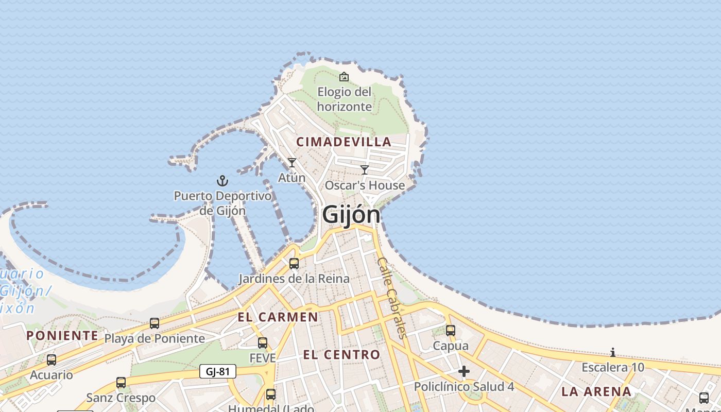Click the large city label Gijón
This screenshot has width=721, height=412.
point(351,215)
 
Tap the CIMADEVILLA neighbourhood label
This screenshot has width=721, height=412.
point(344,142)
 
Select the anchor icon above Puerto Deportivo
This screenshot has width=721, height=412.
point(222,181)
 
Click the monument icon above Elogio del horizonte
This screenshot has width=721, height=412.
point(344,77)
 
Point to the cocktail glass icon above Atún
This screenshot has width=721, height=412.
point(292,163)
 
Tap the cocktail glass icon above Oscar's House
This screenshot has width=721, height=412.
point(365,169)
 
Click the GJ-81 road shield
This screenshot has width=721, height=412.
point(217,371)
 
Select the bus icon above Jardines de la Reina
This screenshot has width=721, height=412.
point(294,264)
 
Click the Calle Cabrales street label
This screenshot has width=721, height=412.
point(392,298)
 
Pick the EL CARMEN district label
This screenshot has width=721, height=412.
point(278,317)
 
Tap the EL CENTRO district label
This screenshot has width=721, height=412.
point(341,354)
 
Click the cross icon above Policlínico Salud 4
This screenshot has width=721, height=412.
point(464,371)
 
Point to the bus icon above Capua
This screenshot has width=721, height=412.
point(451,331)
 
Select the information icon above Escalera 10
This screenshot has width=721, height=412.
point(613,353)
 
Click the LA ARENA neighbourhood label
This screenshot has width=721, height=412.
point(596,391)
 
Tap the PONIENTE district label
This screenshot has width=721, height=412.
point(62,336)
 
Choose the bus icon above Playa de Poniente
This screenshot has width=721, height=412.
point(154,323)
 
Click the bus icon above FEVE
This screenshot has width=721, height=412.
point(263,343)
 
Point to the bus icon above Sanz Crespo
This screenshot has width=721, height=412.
point(121,383)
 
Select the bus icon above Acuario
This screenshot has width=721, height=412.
point(51,360)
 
